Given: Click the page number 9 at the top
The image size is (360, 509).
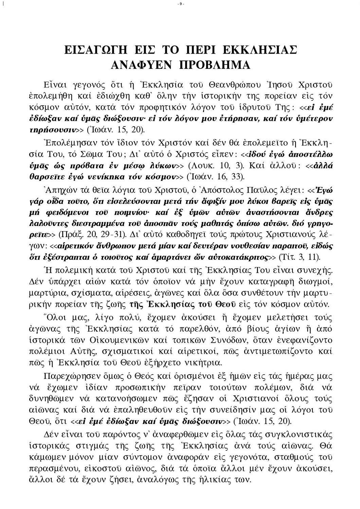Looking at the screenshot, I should click(x=180, y=4).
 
